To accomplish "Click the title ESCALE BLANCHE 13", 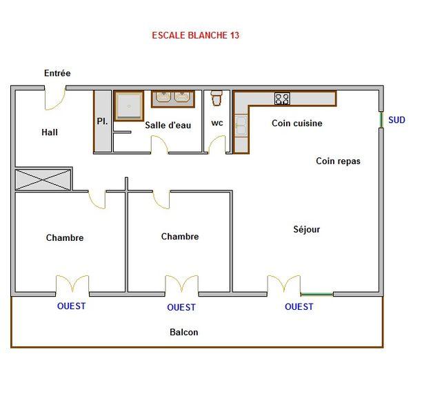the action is click(195, 35).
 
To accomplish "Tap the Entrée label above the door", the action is click(57, 73).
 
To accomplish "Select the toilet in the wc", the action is click(217, 98).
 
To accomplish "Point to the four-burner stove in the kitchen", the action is click(282, 99).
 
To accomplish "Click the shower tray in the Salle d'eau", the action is click(129, 106).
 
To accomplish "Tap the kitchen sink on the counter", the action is click(241, 126).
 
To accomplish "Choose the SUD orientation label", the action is click(396, 120).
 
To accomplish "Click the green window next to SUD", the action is click(381, 120).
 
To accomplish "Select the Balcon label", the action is click(184, 332).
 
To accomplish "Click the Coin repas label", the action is click(338, 161).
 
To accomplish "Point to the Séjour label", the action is click(307, 229).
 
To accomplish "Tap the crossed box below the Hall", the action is click(43, 179).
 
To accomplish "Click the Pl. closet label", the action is click(102, 121).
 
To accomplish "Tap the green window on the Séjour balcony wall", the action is click(317, 294).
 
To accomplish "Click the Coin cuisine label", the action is click(297, 123).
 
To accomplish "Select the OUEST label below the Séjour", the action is click(299, 306).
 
